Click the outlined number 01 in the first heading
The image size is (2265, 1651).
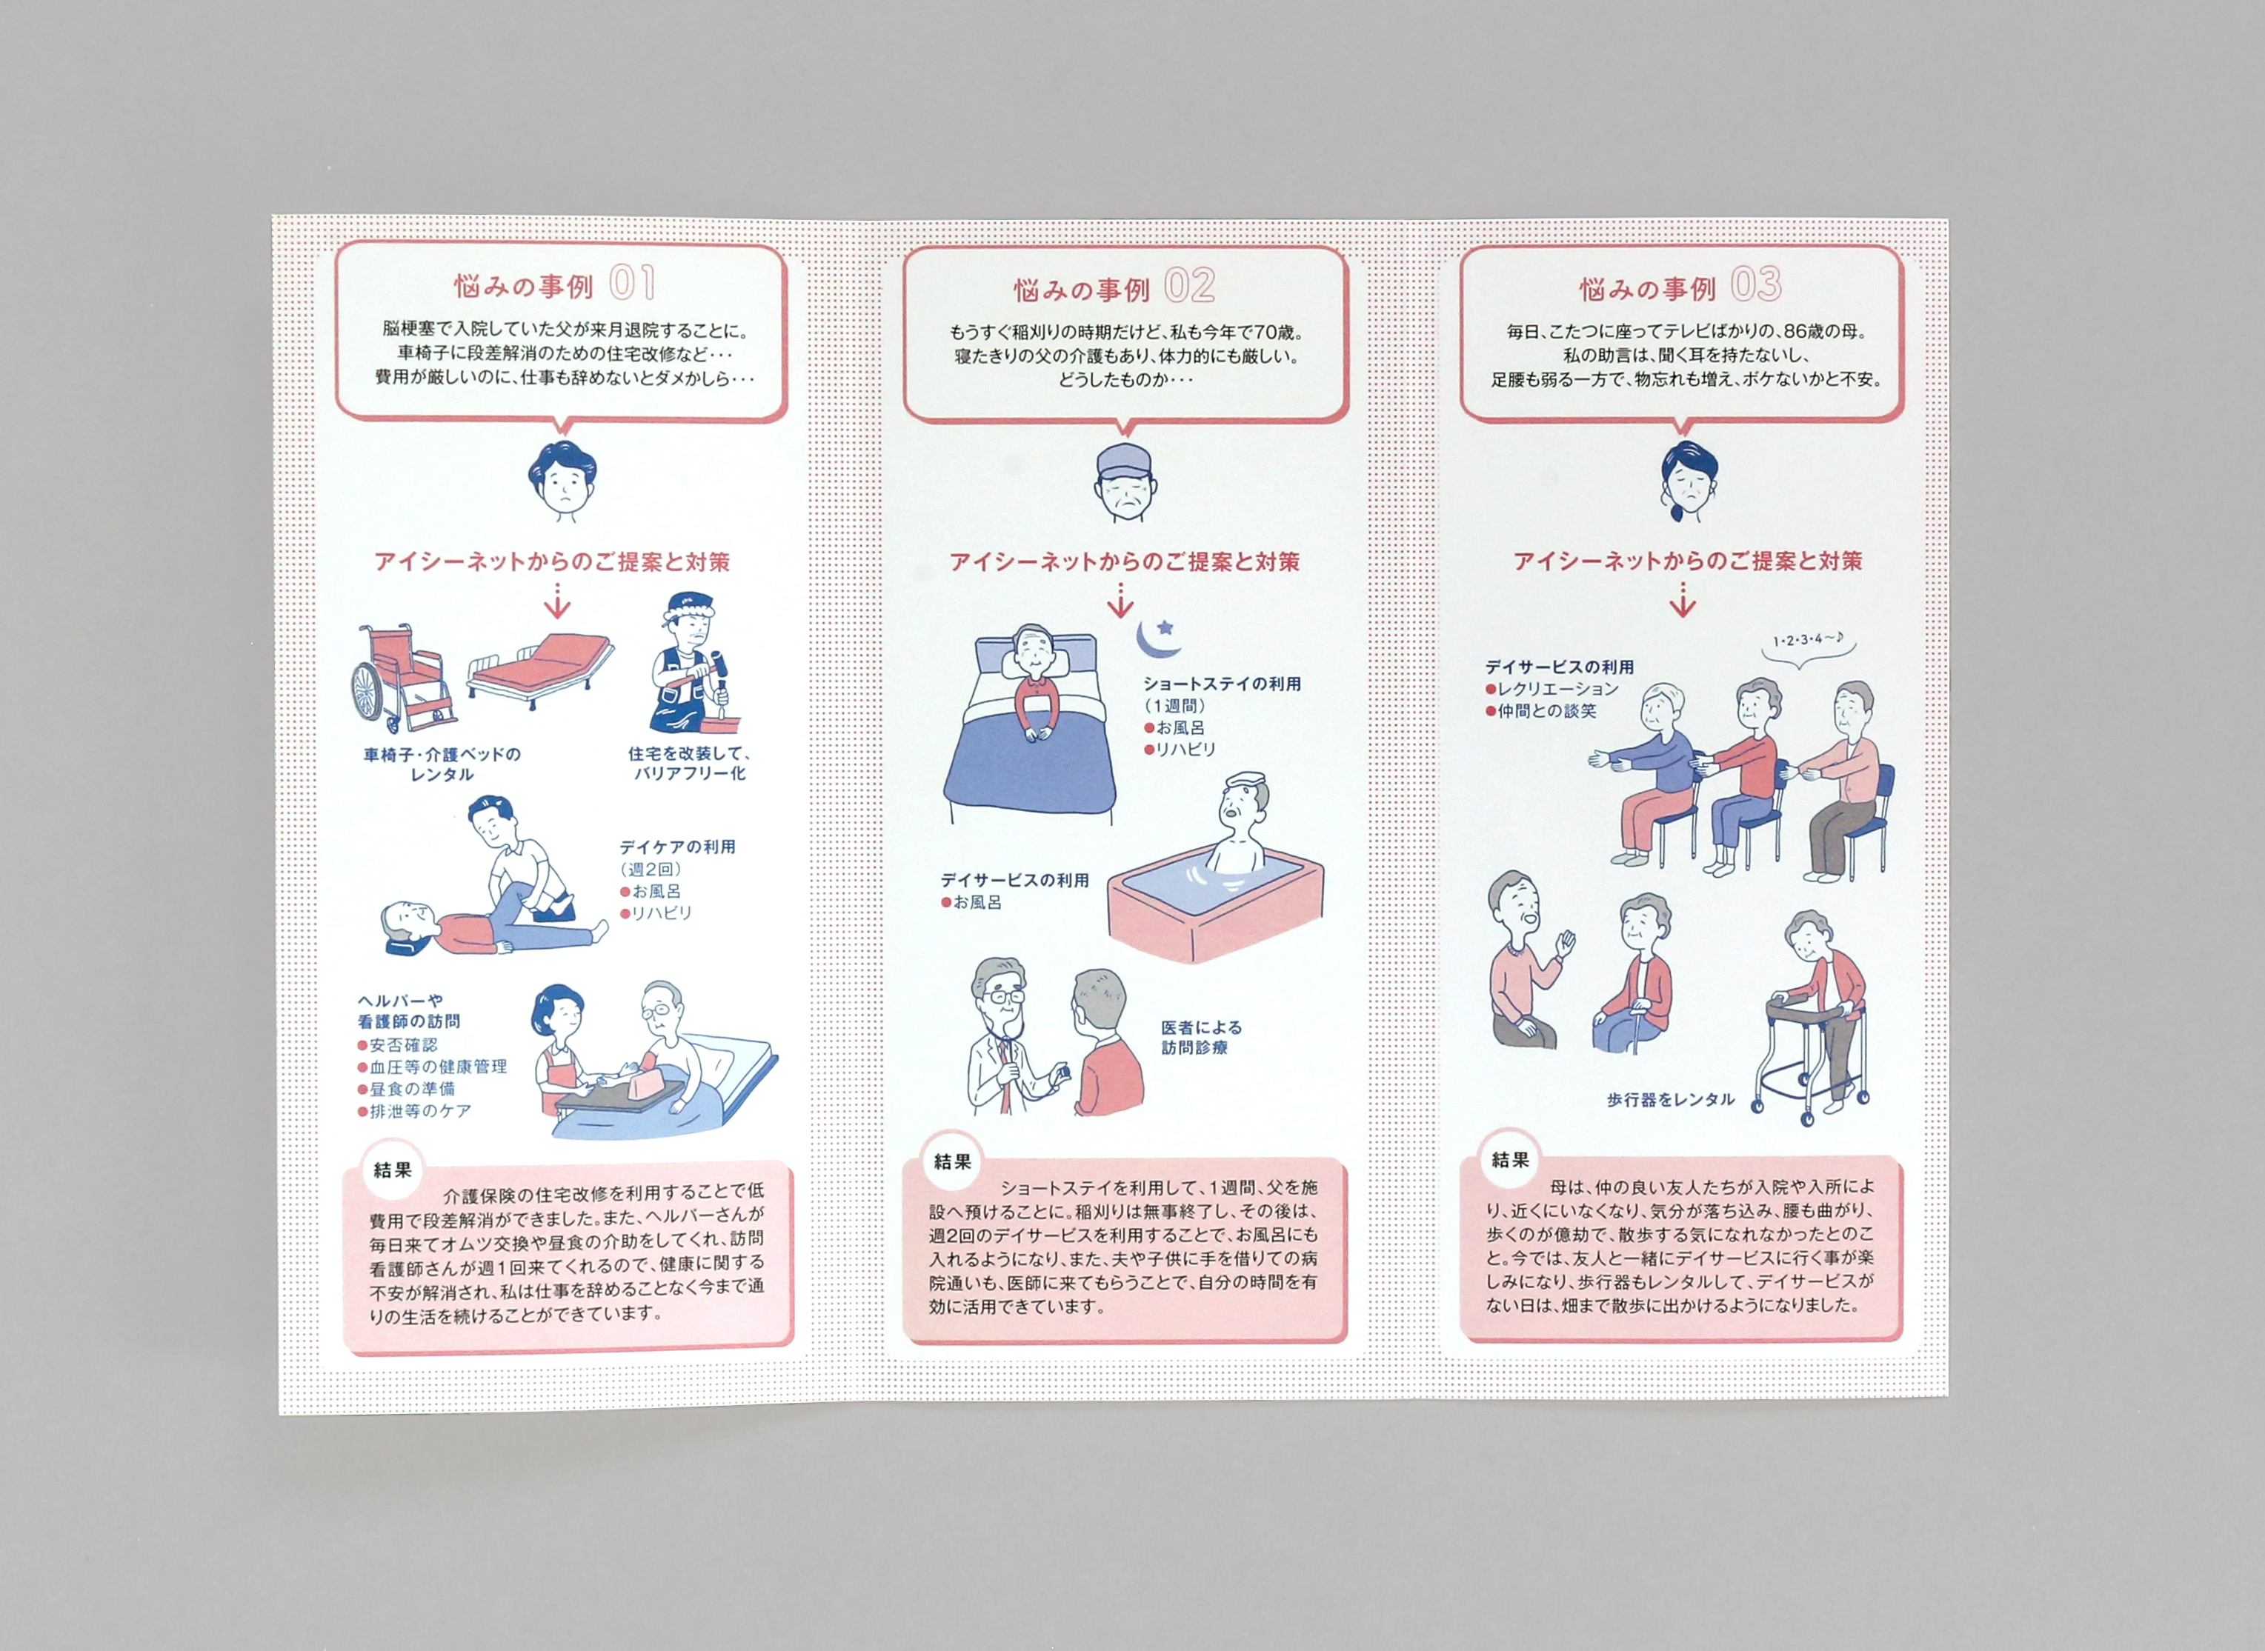tap(632, 284)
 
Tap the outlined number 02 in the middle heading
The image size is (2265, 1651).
tap(1189, 287)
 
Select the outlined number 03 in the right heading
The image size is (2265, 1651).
tap(1756, 285)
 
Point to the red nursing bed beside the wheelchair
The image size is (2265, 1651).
tap(539, 670)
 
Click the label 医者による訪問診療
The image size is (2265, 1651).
tap(1202, 1038)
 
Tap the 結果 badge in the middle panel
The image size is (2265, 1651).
tap(953, 1161)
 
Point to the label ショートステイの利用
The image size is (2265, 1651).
tap(1223, 684)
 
